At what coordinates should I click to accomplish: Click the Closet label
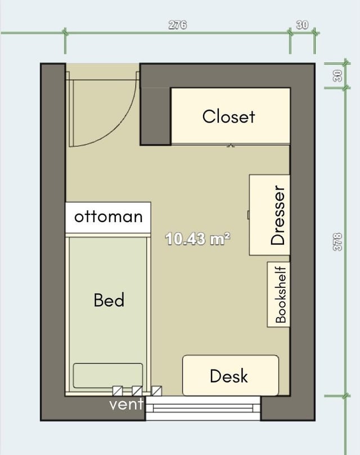(228, 116)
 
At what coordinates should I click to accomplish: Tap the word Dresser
(278, 215)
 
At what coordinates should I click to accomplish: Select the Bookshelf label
(281, 295)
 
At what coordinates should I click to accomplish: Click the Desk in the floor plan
(231, 376)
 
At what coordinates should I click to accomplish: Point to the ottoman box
(108, 217)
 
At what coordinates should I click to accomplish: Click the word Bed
(109, 300)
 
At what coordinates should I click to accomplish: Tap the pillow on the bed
(107, 376)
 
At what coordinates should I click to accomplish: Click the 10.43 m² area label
(197, 239)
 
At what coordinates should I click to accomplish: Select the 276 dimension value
(178, 25)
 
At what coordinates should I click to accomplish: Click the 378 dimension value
(337, 242)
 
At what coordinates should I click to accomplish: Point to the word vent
(127, 404)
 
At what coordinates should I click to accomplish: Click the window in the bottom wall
(203, 408)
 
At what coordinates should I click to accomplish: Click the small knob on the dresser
(249, 215)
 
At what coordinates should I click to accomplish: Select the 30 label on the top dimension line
(302, 25)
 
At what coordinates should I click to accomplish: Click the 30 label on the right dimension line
(337, 76)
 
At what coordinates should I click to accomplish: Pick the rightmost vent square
(157, 391)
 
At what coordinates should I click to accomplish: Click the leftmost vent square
(118, 391)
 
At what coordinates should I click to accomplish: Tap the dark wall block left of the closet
(155, 116)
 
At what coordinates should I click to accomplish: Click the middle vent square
(137, 391)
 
